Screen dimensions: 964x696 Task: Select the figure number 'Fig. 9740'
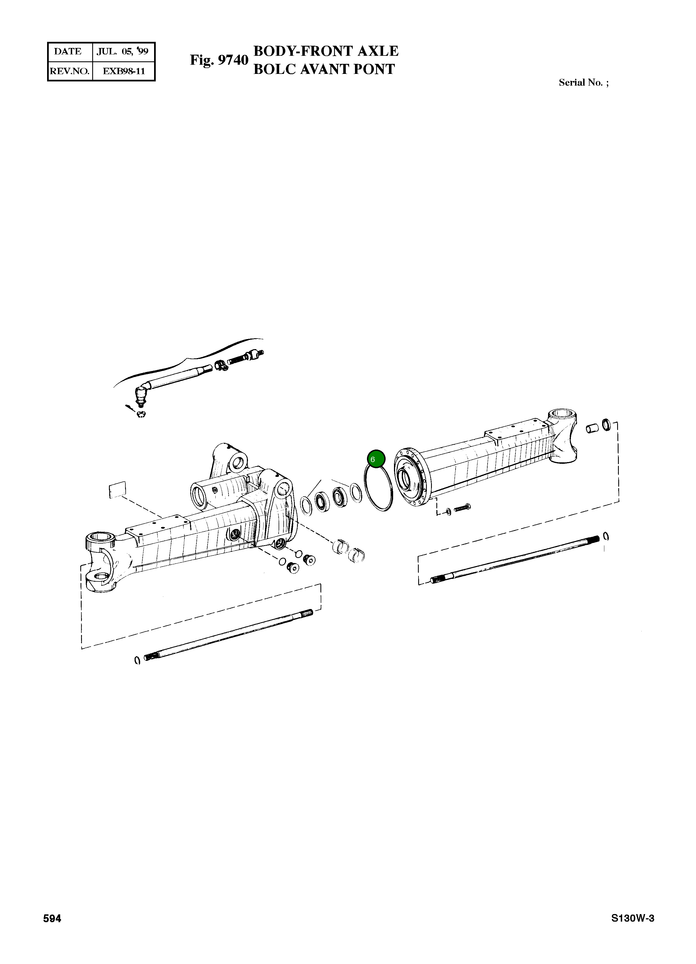point(219,60)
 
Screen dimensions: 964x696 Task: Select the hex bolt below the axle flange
point(463,508)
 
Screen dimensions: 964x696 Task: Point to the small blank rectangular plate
point(118,490)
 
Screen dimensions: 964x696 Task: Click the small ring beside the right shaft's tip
point(606,537)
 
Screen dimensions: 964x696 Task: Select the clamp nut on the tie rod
point(220,365)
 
